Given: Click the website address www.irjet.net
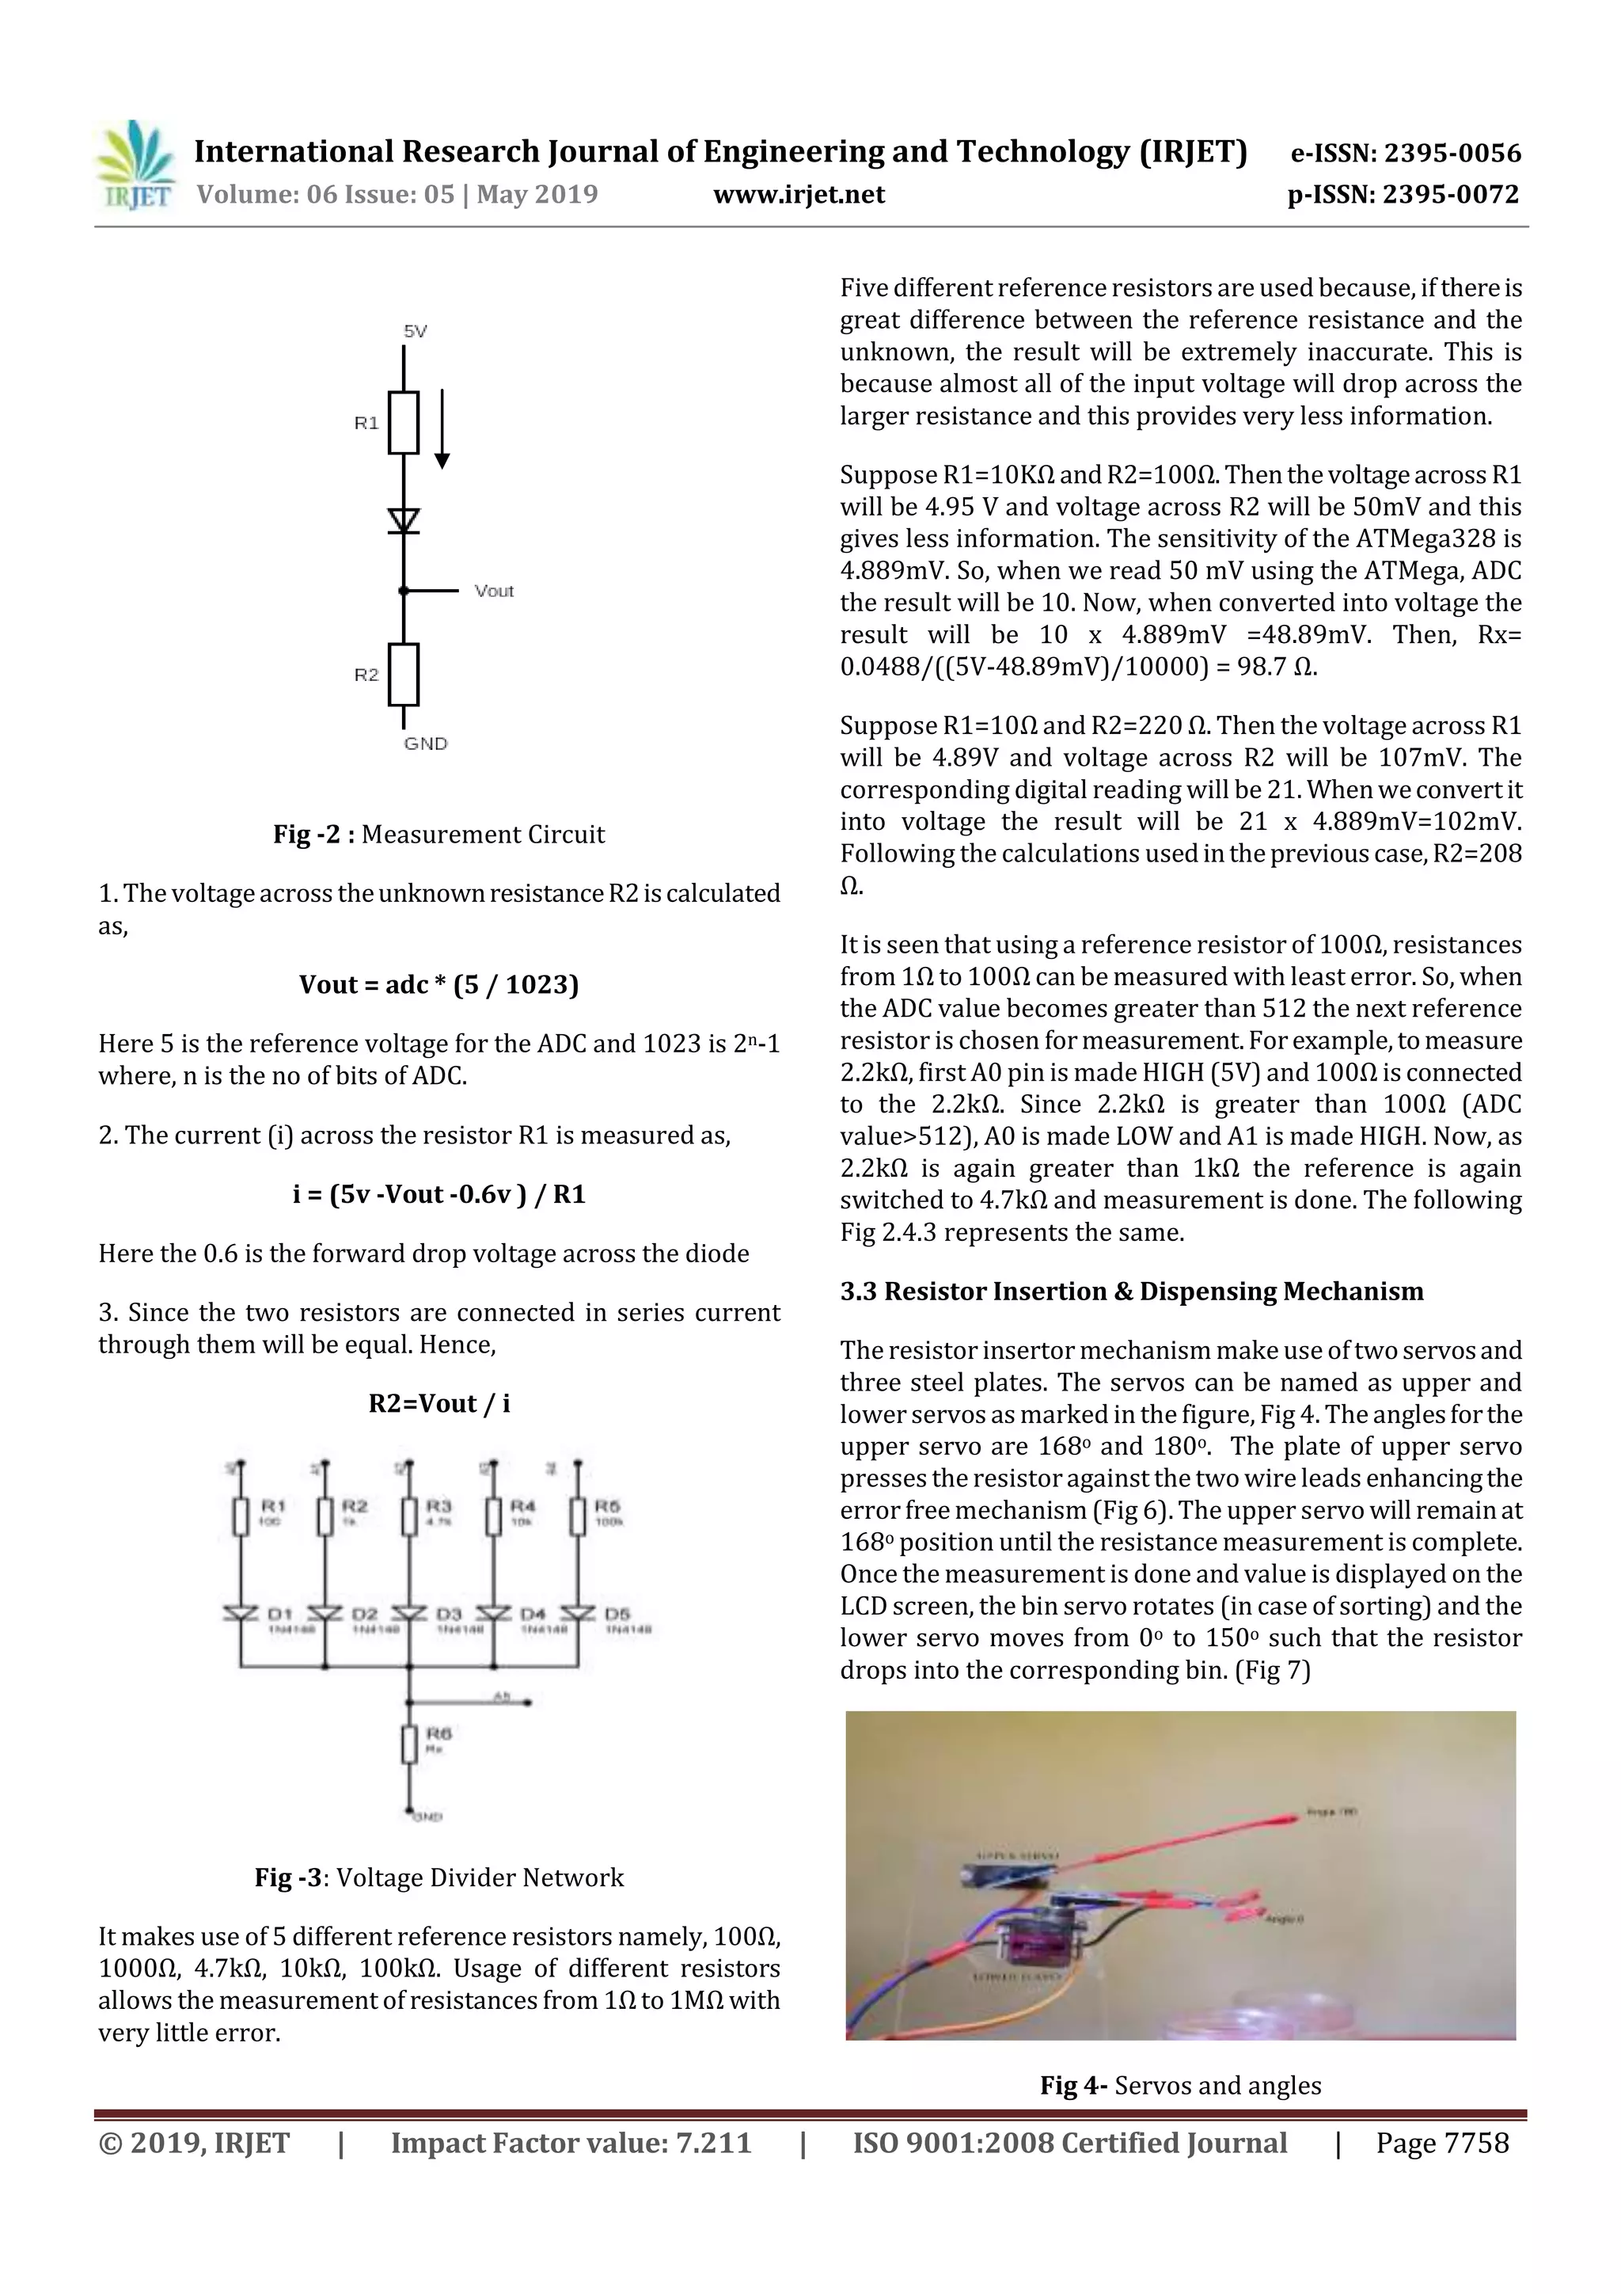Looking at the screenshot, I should [x=798, y=195].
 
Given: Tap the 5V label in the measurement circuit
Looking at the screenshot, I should [x=415, y=332].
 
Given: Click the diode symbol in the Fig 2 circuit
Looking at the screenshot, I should [x=404, y=520].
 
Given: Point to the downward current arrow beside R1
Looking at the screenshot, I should [x=442, y=430].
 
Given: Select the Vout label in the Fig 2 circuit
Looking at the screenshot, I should [x=493, y=592].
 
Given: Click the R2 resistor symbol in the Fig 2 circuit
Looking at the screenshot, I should [x=404, y=675].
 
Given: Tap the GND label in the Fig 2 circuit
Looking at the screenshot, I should [x=426, y=744].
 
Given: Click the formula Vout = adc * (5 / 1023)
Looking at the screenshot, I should [x=438, y=985].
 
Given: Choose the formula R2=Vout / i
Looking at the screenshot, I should [x=438, y=1404].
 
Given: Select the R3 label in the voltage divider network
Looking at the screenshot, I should [x=438, y=1505].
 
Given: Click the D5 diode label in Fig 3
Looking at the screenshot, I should [x=617, y=1614].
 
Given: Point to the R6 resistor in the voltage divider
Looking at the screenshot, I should [x=408, y=1745].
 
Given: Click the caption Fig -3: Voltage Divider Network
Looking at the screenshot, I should [x=438, y=1877].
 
